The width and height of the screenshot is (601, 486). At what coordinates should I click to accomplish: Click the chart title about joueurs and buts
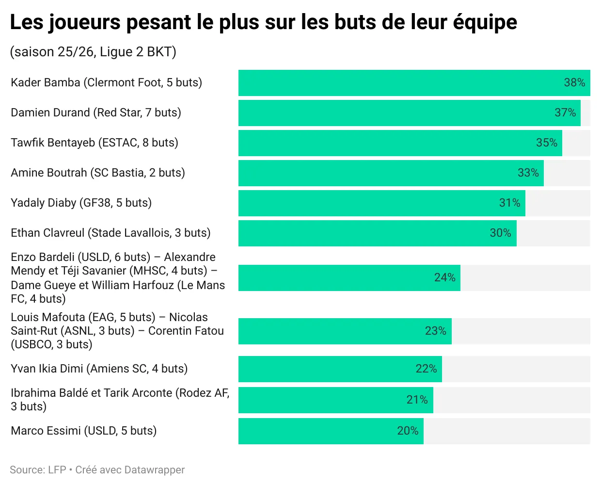point(263,22)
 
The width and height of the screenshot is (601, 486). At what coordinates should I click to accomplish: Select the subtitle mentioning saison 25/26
point(93,52)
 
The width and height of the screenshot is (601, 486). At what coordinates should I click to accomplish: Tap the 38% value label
point(574,82)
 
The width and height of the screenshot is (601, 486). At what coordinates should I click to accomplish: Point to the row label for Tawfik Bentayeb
point(95,143)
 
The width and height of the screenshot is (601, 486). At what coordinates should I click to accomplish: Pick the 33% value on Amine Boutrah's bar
point(528,173)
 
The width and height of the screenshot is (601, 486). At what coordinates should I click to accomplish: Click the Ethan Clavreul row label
point(111,233)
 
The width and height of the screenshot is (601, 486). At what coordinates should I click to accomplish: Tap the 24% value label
point(444,277)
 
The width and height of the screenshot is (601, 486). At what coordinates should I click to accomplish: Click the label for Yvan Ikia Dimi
point(99,369)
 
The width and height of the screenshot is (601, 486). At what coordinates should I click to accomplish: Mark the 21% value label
point(417,400)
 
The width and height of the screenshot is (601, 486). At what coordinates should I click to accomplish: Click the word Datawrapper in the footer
point(154,470)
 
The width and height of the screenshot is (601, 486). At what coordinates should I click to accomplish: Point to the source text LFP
point(57,470)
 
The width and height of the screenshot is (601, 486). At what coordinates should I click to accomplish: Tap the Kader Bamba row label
point(106,82)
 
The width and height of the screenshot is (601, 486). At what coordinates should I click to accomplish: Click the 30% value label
point(500,233)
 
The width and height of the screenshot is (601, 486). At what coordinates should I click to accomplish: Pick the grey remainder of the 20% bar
point(506,431)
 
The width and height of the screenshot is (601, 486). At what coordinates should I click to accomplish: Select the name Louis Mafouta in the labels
point(47,317)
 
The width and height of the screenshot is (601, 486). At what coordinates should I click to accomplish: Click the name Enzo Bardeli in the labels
point(43,257)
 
